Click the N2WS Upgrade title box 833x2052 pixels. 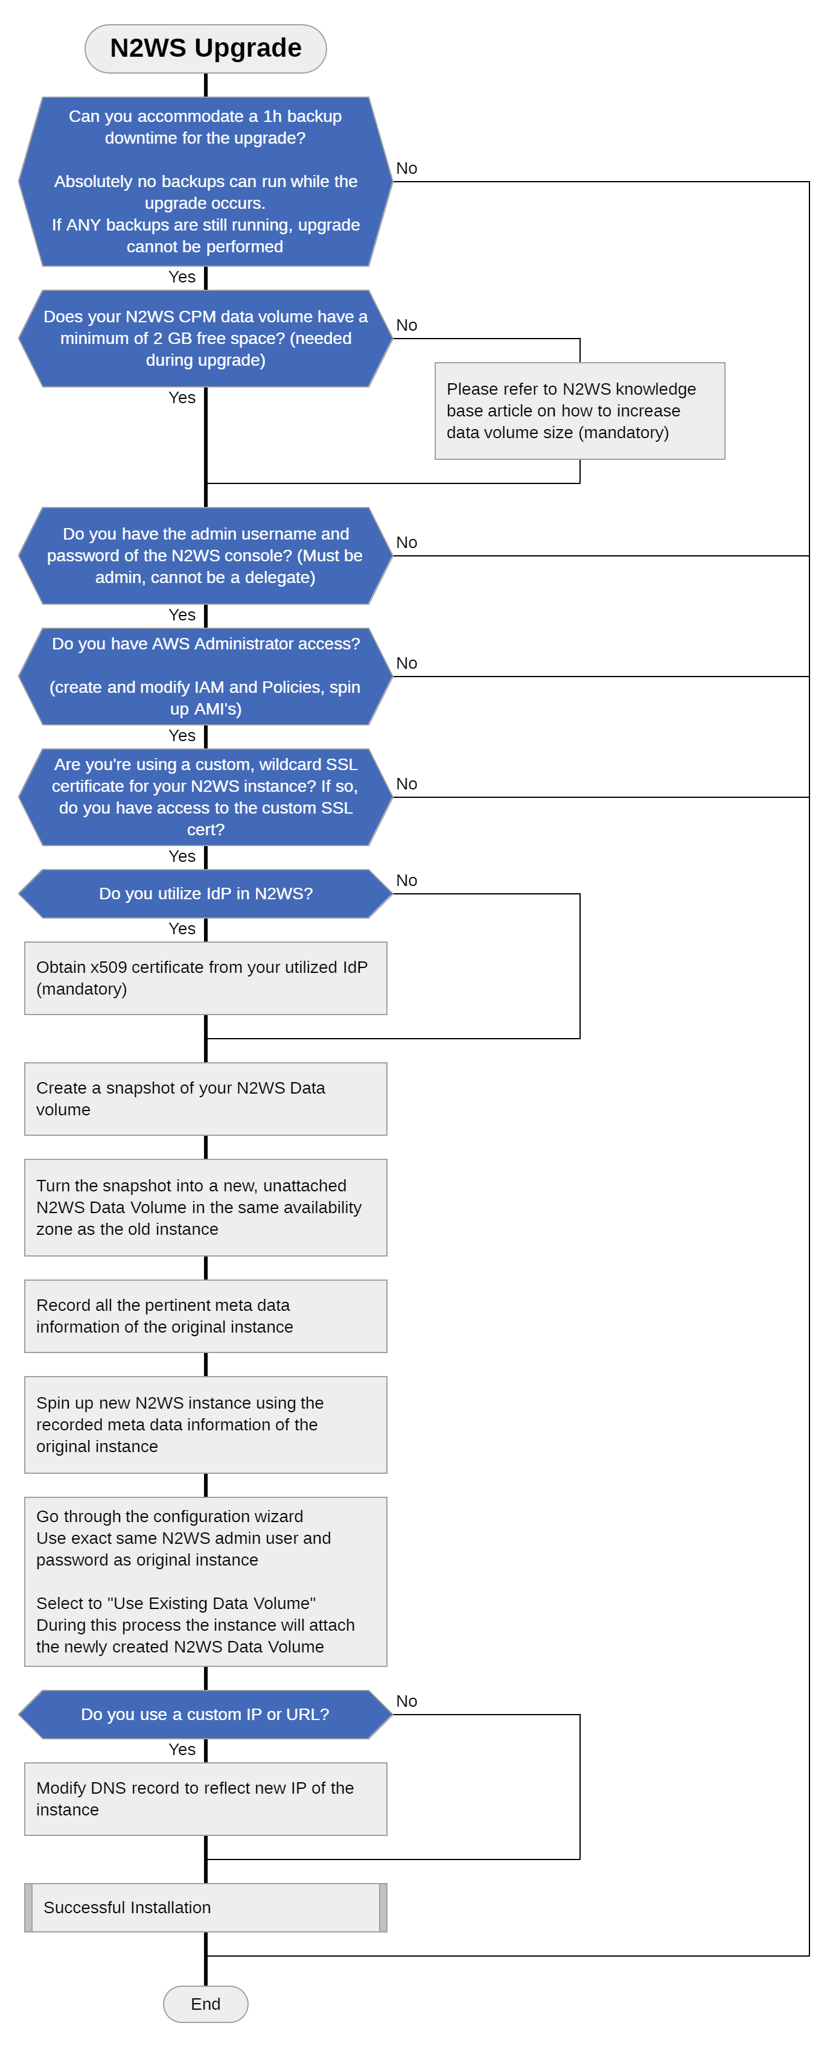[x=205, y=49]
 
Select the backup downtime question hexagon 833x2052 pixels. [x=205, y=182]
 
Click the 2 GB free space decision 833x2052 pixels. [x=205, y=339]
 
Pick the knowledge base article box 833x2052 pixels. [x=579, y=411]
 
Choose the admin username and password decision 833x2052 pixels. [x=205, y=556]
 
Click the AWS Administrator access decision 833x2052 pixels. [x=205, y=677]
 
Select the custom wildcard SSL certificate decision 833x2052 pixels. [x=205, y=797]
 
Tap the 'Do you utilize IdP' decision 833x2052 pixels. [x=205, y=894]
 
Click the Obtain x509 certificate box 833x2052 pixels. [x=205, y=978]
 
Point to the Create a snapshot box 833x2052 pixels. [x=205, y=1098]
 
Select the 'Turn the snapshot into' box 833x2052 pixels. [x=205, y=1208]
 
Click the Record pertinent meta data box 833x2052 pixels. [x=205, y=1316]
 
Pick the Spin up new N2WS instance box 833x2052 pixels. [x=205, y=1425]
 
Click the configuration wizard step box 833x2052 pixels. [x=205, y=1582]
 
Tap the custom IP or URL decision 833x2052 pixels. [x=205, y=1714]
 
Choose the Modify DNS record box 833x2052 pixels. [x=205, y=1799]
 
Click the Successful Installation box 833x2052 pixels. [x=205, y=1908]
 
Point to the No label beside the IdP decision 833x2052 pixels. [x=406, y=880]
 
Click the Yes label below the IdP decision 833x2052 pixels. [x=182, y=929]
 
